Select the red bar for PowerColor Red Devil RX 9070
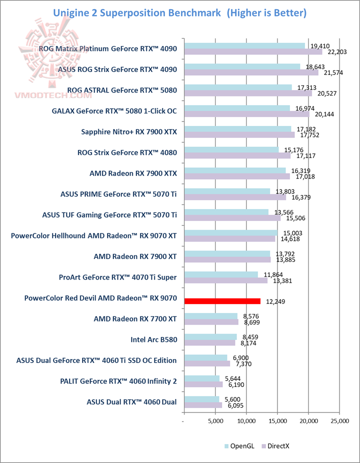[x=222, y=301]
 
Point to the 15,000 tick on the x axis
[x=277, y=421]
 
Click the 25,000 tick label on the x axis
[x=339, y=421]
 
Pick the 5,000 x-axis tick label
[x=215, y=421]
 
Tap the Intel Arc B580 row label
[x=153, y=340]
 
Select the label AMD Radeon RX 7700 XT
[x=135, y=318]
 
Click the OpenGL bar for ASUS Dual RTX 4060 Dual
[x=201, y=399]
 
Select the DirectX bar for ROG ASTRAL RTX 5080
[x=248, y=93]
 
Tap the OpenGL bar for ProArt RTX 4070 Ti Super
[x=221, y=274]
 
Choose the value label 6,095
[x=233, y=405]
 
